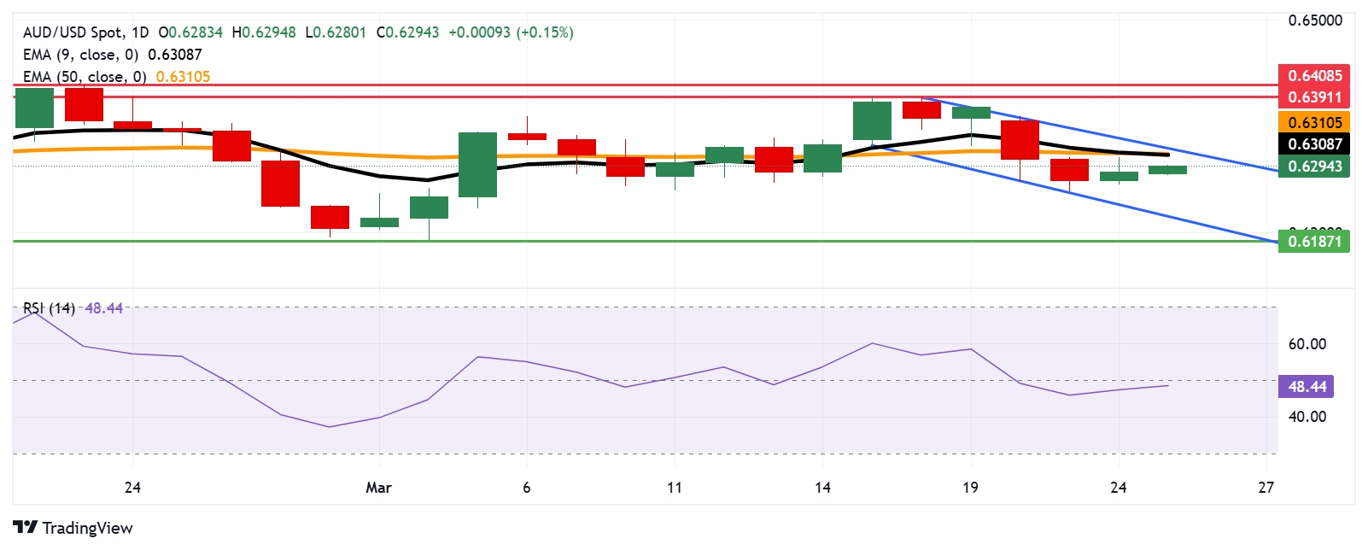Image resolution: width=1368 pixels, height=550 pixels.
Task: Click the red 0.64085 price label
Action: coord(1314,75)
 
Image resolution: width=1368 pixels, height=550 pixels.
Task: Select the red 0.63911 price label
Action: coord(1314,97)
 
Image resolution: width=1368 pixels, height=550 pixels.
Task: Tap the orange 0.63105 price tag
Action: coord(1314,122)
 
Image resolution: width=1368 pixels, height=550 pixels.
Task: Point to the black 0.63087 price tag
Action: coord(1314,144)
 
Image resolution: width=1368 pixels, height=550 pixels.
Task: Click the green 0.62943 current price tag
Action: coord(1314,167)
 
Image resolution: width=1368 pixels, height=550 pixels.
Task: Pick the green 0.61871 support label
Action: coord(1314,242)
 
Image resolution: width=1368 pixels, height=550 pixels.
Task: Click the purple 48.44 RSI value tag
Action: coord(1307,387)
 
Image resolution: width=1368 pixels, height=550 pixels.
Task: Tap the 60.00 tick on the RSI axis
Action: coord(1307,344)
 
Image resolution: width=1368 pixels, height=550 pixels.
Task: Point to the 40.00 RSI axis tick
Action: coord(1307,417)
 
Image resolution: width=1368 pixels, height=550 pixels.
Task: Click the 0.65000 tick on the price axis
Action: coord(1315,20)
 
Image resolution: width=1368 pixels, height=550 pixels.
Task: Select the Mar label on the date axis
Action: coord(378,488)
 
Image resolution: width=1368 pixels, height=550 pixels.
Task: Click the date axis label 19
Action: coord(970,488)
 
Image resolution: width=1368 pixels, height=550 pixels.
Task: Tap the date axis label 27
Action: coord(1266,488)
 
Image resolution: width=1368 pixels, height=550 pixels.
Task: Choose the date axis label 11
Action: coord(675,488)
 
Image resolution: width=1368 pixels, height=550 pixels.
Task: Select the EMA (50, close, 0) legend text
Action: coord(85,77)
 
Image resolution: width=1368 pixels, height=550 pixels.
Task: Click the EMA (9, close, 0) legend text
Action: coord(80,55)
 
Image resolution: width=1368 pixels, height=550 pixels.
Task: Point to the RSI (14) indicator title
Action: coord(49,308)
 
